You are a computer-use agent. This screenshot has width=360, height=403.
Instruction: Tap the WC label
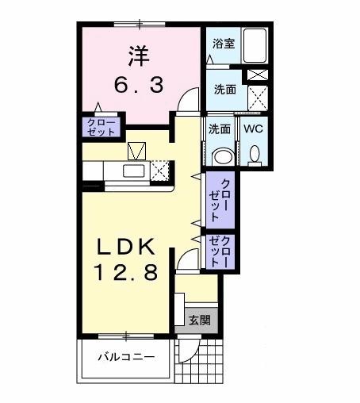255,128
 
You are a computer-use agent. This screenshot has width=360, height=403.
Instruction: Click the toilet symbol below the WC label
255,153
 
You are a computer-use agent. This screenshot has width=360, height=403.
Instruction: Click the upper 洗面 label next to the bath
224,90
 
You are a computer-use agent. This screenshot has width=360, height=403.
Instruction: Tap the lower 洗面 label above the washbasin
220,128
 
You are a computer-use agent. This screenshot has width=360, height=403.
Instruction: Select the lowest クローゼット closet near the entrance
220,251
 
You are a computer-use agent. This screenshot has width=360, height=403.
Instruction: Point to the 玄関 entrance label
198,320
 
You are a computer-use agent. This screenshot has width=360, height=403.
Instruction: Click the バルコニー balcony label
126,357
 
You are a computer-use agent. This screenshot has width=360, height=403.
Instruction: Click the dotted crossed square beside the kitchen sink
162,171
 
